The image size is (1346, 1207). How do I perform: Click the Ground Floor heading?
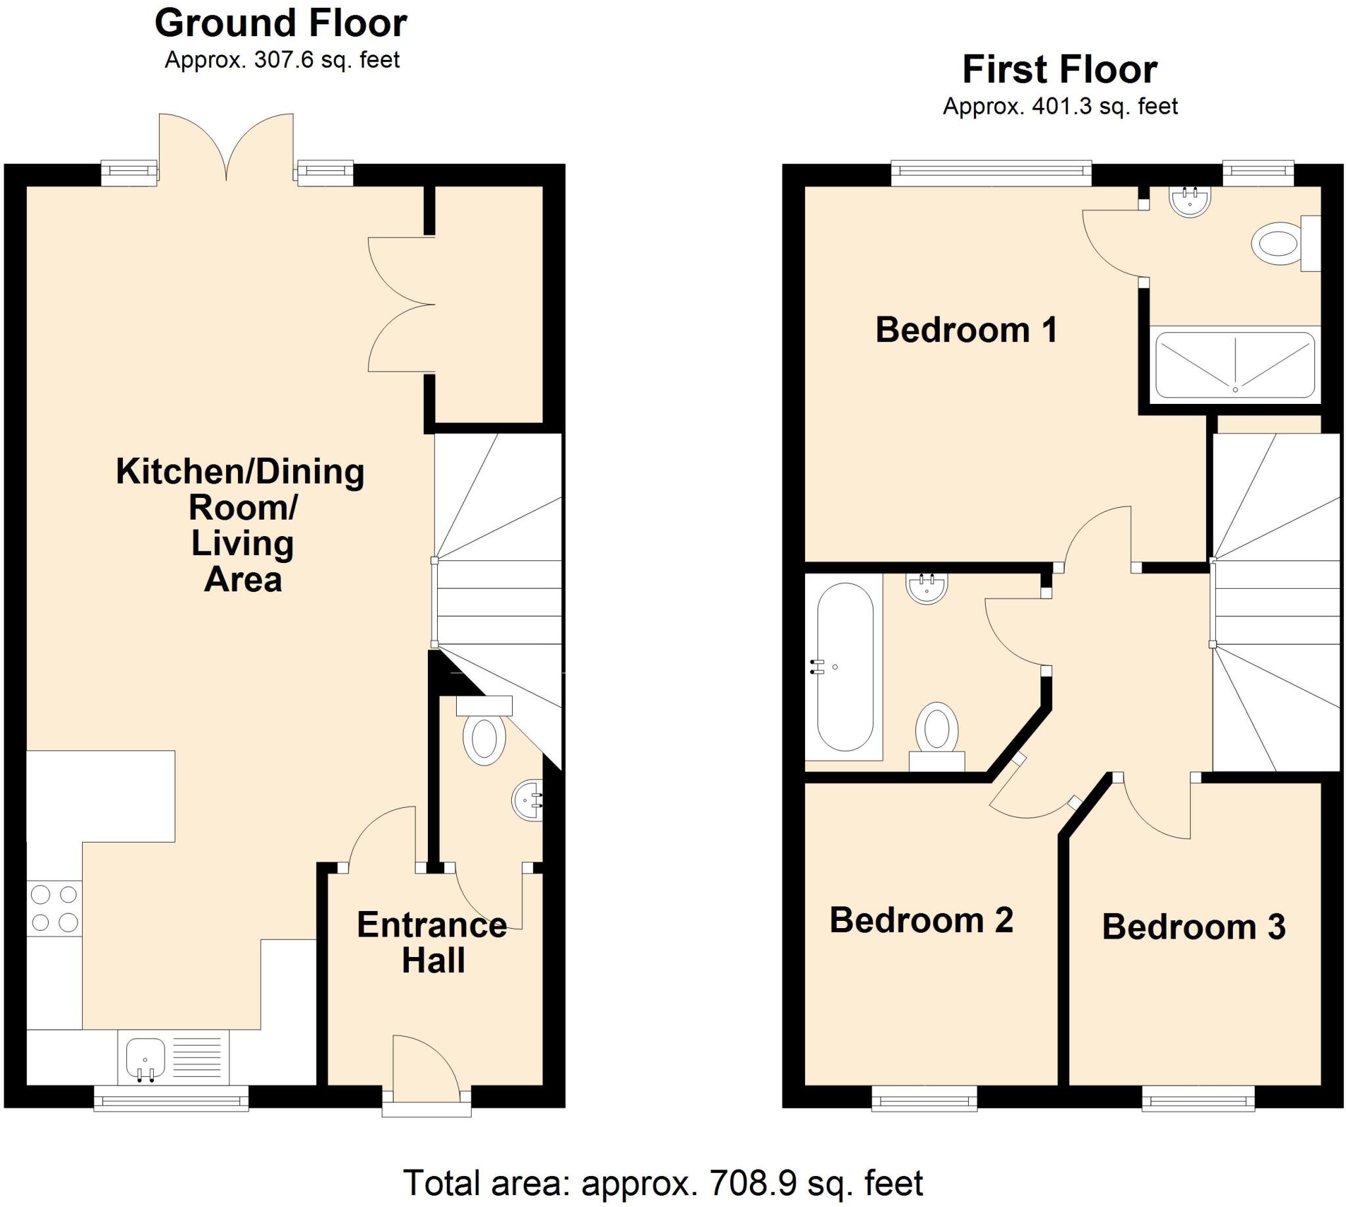[281, 24]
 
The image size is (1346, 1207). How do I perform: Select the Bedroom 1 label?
[965, 330]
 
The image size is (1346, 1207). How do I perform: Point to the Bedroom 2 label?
[921, 920]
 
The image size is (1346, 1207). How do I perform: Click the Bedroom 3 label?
[1194, 927]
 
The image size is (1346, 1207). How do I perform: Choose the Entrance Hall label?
[432, 943]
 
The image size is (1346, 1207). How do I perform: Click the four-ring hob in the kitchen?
[55, 908]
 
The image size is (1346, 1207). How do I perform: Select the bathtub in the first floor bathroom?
[845, 666]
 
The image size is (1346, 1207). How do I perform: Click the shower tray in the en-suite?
[1235, 366]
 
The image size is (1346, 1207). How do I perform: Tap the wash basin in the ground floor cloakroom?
[528, 802]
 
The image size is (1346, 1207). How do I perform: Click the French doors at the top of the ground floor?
[226, 146]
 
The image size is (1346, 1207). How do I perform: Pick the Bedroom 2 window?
[924, 1102]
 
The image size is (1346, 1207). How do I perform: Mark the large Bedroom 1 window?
[991, 173]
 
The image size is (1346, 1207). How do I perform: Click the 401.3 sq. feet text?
[1059, 106]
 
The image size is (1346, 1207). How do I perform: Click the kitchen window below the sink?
[171, 1102]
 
